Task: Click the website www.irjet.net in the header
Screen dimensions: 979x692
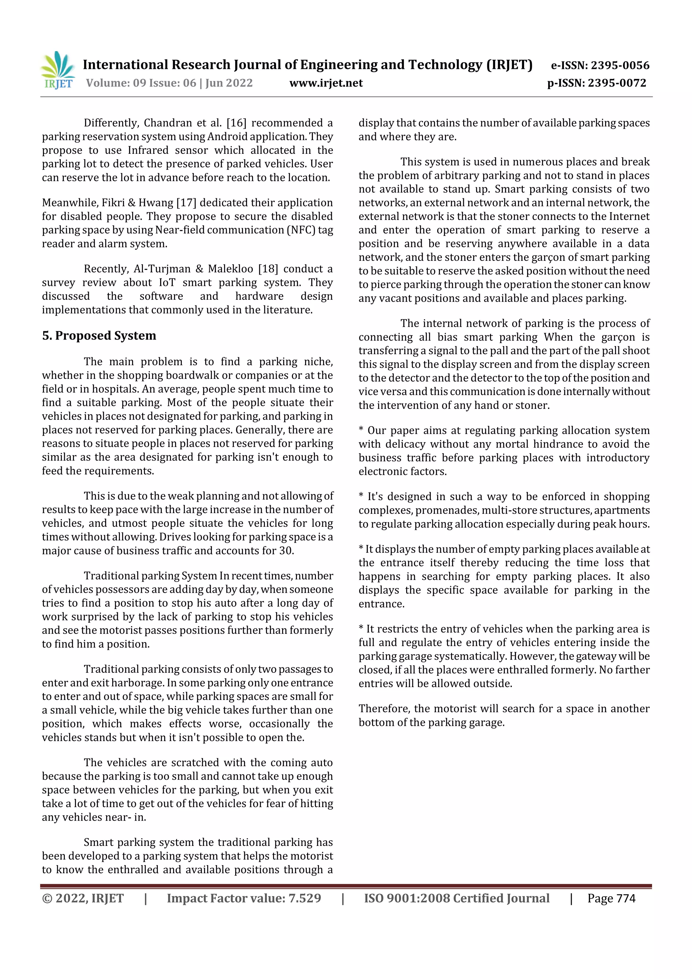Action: pos(326,83)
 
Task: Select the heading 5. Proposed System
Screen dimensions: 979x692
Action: pos(99,336)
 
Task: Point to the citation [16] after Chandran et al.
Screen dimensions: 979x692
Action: pos(236,123)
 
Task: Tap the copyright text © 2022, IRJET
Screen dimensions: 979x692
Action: pos(83,899)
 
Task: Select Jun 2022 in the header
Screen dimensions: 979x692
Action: pos(229,83)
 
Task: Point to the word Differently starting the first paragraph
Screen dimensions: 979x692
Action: pos(111,123)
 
